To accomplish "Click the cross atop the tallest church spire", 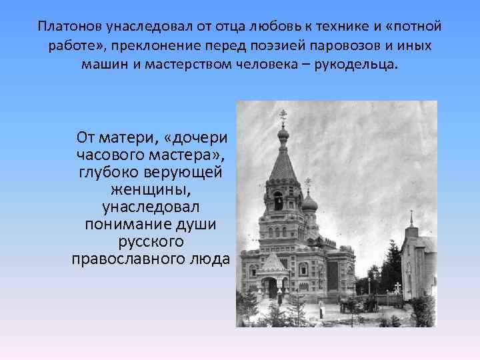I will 283,117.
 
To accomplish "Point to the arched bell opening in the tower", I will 278,199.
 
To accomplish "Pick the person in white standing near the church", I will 321,309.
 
